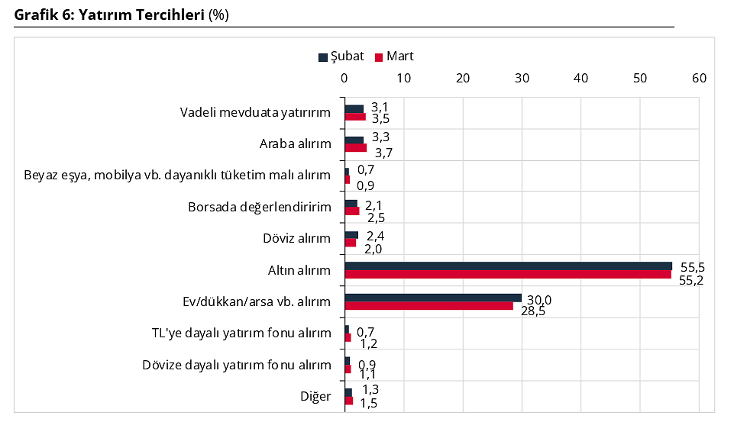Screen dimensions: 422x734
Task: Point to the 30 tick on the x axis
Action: click(522, 78)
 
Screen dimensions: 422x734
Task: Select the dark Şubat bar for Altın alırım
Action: click(508, 266)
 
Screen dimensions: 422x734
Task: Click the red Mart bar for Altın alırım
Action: click(507, 274)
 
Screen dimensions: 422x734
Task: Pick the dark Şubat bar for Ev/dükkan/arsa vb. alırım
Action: click(432, 298)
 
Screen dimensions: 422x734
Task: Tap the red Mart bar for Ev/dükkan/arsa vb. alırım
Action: click(428, 306)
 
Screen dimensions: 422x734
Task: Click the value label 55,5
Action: click(691, 267)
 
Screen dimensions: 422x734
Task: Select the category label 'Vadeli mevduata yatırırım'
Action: click(255, 113)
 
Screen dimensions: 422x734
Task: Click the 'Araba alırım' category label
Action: click(295, 144)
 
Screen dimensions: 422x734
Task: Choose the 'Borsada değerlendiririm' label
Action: click(259, 208)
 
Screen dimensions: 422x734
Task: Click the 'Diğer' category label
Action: click(315, 397)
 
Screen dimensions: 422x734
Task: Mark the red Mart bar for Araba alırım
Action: click(355, 148)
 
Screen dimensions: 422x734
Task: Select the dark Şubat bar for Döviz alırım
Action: click(351, 234)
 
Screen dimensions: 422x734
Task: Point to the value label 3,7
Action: click(383, 153)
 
